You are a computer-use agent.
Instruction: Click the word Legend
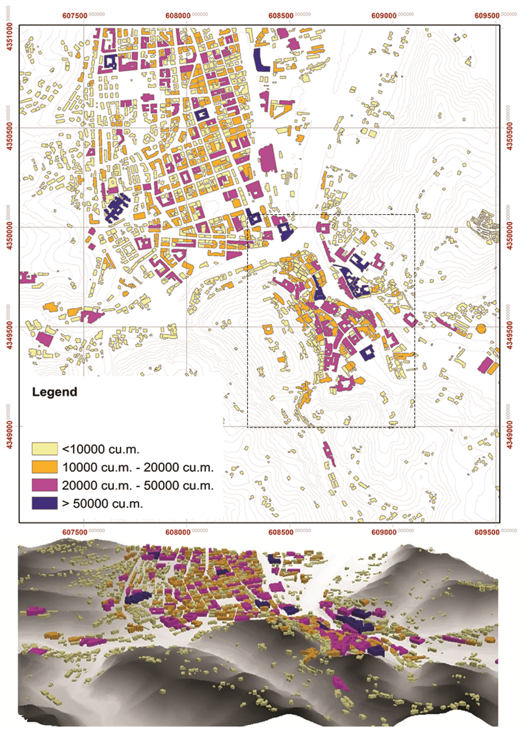[x=55, y=392]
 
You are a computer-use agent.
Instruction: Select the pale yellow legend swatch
[x=45, y=449]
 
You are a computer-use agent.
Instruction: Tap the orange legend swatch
[x=45, y=467]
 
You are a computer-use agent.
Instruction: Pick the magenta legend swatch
[x=45, y=485]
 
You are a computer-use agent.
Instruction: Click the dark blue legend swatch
[x=45, y=503]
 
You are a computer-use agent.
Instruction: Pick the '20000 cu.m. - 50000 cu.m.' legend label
[x=138, y=485]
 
